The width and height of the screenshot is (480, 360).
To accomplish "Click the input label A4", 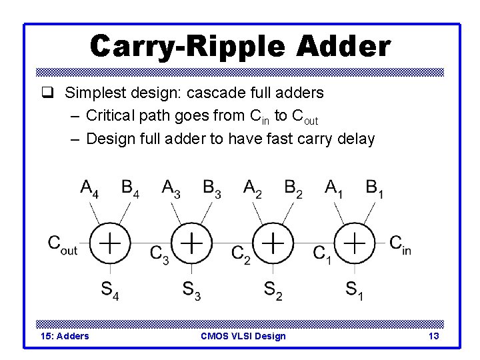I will click(x=90, y=189).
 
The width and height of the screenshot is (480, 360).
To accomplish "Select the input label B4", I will click(x=131, y=189).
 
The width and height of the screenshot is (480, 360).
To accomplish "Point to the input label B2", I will click(x=293, y=189).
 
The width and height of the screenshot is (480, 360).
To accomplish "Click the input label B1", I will click(x=375, y=189).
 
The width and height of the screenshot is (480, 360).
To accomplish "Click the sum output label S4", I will click(x=110, y=291).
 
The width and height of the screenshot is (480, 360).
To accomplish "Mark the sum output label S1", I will click(x=354, y=291).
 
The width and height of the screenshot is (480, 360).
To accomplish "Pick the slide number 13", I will click(x=433, y=336).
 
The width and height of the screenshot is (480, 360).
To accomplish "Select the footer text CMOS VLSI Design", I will click(x=243, y=336).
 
